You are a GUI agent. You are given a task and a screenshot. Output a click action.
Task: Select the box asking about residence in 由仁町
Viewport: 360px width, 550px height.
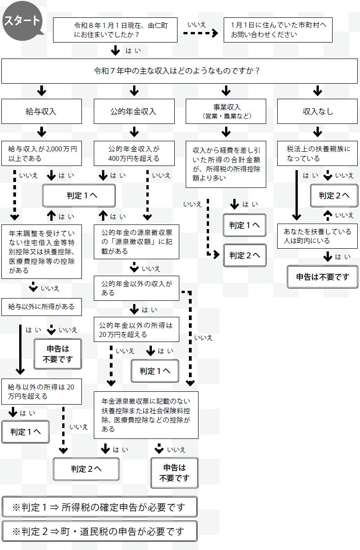[115, 30]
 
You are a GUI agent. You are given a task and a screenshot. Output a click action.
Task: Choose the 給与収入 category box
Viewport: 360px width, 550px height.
[42, 111]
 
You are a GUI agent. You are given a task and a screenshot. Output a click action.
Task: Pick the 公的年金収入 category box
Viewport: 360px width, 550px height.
[134, 111]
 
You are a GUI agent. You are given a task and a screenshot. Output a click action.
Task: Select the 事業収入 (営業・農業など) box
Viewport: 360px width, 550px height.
[226, 111]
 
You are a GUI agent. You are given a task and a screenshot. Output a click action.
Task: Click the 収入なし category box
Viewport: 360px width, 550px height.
[317, 111]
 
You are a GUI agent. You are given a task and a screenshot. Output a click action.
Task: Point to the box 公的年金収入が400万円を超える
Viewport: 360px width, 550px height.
[134, 153]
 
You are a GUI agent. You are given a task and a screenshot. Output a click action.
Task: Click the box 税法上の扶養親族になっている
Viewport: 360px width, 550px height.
[317, 153]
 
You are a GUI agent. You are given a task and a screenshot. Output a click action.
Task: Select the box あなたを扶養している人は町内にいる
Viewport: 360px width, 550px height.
[317, 236]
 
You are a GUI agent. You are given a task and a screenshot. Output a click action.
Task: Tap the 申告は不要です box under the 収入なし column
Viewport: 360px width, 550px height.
[322, 277]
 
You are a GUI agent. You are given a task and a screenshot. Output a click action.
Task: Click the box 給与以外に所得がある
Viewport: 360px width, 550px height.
[42, 307]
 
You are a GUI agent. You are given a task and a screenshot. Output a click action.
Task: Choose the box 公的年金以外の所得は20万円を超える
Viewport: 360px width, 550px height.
[136, 330]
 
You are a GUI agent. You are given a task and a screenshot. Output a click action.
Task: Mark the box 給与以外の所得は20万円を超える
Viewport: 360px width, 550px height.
[42, 391]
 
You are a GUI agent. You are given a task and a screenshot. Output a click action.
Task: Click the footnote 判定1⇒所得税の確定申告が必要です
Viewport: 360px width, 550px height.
[100, 507]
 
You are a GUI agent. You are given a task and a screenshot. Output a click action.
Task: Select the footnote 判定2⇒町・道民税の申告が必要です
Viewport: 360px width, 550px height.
[100, 531]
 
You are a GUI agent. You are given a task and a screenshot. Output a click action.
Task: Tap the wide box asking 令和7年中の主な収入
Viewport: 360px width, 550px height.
[179, 71]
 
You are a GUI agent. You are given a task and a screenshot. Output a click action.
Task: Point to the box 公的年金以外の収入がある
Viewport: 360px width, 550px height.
[136, 288]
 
